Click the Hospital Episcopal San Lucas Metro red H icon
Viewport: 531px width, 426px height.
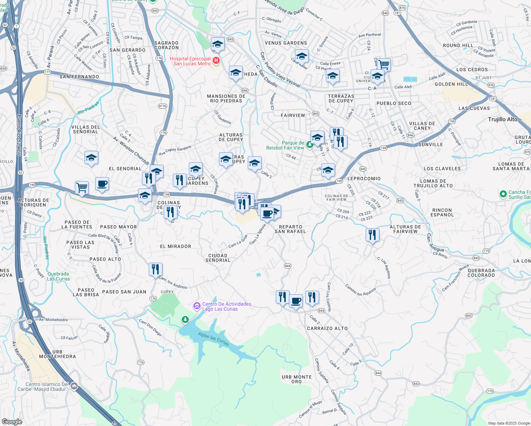point(216,61)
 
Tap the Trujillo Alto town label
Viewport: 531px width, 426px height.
point(503,119)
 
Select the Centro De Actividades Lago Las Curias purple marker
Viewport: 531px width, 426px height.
point(197,306)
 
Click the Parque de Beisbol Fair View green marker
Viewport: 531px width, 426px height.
point(310,144)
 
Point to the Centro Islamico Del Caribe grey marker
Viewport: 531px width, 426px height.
point(74,386)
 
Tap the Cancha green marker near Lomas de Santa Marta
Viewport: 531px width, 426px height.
point(503,194)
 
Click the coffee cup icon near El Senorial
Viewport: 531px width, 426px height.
point(102,184)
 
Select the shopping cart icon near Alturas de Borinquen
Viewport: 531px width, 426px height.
point(82,187)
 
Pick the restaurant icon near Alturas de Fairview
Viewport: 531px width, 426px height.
point(372,235)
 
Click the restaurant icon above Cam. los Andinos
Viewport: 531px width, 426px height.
point(155,269)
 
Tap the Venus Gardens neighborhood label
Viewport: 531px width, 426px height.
point(286,43)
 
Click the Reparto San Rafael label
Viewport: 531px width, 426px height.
point(290,229)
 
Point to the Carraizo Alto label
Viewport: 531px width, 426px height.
point(327,328)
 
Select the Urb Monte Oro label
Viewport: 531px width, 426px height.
point(296,379)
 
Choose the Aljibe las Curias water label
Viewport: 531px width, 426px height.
point(213,339)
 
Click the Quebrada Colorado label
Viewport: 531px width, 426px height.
point(481,273)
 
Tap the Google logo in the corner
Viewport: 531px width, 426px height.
point(12,421)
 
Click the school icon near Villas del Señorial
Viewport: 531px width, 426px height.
point(91,158)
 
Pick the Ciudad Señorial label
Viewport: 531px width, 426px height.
point(218,258)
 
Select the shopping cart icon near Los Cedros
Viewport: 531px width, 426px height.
point(384,65)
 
